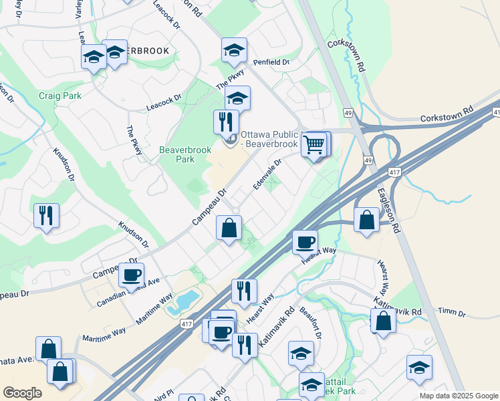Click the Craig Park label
point(59,96)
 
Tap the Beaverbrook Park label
point(177,154)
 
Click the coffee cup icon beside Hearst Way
point(305,241)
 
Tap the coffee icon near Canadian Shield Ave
point(131,274)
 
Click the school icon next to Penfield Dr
point(234,50)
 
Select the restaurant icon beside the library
point(226,122)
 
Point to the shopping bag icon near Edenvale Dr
point(229,228)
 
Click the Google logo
point(22,393)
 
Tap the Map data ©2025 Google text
point(458,396)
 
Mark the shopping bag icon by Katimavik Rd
point(384,320)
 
